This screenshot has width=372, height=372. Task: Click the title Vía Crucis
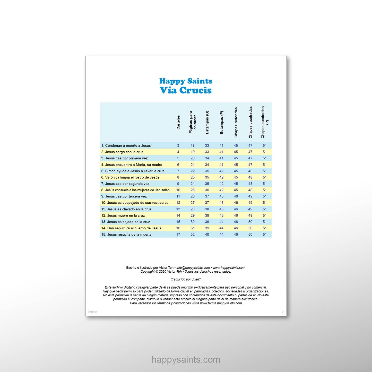(186, 90)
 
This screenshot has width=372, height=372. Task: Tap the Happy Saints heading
(186, 81)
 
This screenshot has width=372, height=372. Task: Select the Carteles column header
(178, 122)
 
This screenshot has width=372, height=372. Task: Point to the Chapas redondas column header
(236, 122)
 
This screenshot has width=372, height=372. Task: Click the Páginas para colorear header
(193, 122)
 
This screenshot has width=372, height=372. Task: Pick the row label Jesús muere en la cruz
(123, 215)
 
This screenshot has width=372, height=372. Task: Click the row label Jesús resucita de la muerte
(126, 235)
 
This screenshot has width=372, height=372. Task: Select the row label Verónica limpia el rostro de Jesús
(130, 177)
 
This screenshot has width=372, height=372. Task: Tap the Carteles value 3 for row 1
(178, 145)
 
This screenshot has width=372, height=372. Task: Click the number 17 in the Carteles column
(178, 235)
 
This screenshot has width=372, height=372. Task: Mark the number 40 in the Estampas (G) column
(207, 235)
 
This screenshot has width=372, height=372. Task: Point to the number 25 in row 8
(193, 190)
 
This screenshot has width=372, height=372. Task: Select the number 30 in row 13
(193, 222)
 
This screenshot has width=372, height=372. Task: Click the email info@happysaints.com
(193, 268)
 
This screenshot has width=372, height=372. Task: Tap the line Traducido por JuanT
(186, 279)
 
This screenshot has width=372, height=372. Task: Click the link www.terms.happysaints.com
(221, 303)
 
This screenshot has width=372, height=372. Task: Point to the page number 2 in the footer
(283, 312)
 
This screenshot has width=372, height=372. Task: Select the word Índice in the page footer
(93, 312)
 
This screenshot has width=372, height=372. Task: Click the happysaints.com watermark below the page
(186, 360)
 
